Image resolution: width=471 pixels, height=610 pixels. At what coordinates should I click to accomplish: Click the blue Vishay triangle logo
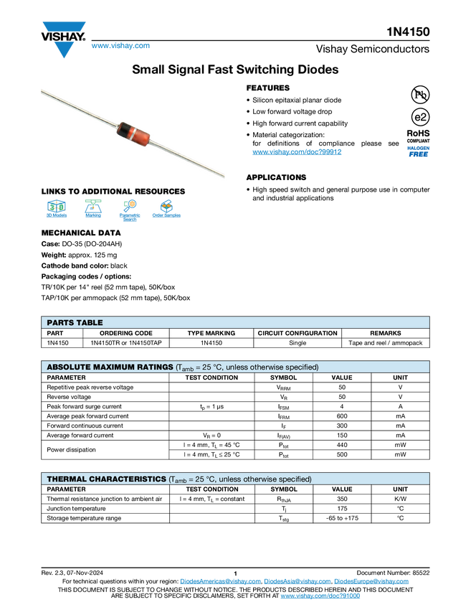pyautogui.click(x=64, y=49)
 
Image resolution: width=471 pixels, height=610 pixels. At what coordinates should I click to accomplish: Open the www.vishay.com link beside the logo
pyautogui.click(x=120, y=47)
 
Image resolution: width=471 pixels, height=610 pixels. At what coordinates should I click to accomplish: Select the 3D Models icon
pyautogui.click(x=56, y=210)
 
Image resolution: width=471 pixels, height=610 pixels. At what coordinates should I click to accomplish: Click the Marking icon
pyautogui.click(x=93, y=210)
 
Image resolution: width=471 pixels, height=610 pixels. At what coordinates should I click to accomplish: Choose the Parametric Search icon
pyautogui.click(x=130, y=210)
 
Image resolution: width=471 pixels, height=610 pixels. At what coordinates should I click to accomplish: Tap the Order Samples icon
pyautogui.click(x=166, y=210)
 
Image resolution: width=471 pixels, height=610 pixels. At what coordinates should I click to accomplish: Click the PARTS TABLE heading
pyautogui.click(x=75, y=323)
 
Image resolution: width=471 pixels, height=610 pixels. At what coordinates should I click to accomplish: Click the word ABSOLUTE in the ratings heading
pyautogui.click(x=70, y=367)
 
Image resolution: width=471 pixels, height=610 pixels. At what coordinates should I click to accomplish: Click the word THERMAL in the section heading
pyautogui.click(x=66, y=479)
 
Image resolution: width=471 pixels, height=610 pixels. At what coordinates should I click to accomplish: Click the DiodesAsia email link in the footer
pyautogui.click(x=297, y=581)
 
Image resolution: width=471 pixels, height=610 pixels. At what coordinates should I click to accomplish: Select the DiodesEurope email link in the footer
pyautogui.click(x=374, y=581)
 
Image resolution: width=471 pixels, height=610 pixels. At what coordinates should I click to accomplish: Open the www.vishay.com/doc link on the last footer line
pyautogui.click(x=320, y=596)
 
